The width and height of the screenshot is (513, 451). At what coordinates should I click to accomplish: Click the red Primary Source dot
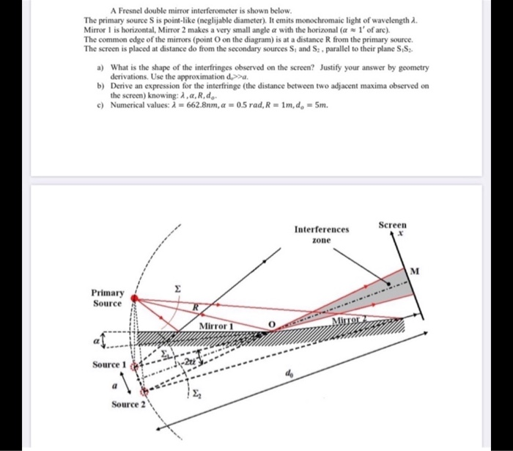[x=133, y=297]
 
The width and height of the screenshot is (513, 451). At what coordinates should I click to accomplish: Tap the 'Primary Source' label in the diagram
[x=108, y=297]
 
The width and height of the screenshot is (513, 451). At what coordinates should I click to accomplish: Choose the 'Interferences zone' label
[x=322, y=234]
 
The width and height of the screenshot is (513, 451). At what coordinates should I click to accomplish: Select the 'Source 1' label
[x=110, y=365]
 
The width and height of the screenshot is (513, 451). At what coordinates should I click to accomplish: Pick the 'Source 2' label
[x=129, y=404]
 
